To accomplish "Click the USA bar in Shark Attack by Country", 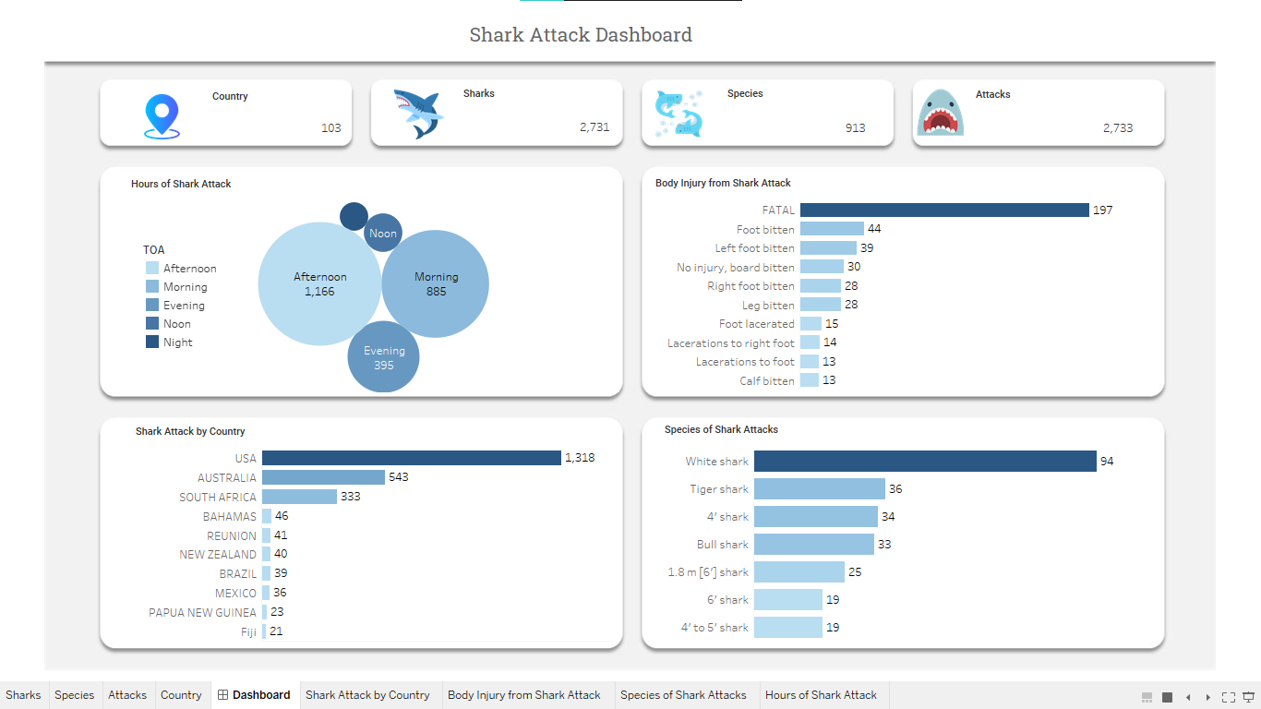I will (411, 458).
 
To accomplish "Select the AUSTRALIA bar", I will (323, 477).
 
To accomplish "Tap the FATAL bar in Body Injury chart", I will (944, 210).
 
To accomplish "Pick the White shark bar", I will (924, 461).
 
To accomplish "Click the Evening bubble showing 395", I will (383, 357).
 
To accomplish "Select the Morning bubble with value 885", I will (436, 283).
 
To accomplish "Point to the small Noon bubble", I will (383, 234).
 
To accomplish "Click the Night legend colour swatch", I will (152, 342).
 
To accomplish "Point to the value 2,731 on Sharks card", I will (594, 127).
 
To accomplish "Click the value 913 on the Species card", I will (855, 128).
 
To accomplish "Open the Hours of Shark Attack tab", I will (821, 695).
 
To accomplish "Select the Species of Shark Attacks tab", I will (683, 695).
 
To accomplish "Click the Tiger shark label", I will (719, 489).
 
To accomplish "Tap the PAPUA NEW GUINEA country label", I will (202, 613).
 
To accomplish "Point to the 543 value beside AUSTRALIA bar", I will (399, 477).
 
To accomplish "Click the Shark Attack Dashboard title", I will (581, 35).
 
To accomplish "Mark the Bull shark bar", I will (813, 544).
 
